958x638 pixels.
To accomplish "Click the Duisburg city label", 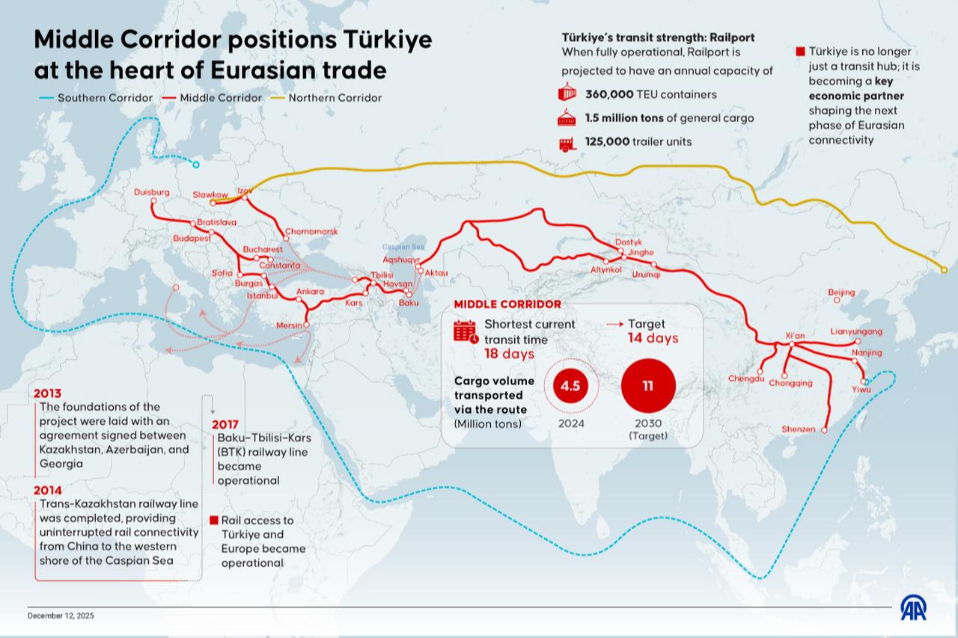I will (152, 192).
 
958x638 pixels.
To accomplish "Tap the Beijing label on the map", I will (841, 292).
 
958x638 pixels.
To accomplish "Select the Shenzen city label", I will (798, 429).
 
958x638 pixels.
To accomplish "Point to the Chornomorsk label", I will (312, 232).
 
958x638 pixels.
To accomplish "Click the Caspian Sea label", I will (403, 247).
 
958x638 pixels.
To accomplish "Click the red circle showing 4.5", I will (566, 386).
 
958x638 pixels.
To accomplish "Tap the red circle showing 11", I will (648, 386).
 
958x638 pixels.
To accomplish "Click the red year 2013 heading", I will (47, 393).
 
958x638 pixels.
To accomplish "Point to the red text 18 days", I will (509, 354).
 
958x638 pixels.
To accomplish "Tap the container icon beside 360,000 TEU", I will (568, 93).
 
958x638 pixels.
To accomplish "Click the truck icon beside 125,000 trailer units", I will (568, 143).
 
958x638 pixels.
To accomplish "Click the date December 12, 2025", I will (61, 616).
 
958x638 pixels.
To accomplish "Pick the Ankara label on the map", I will (310, 292).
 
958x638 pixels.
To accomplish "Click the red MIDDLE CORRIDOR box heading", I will (507, 304).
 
